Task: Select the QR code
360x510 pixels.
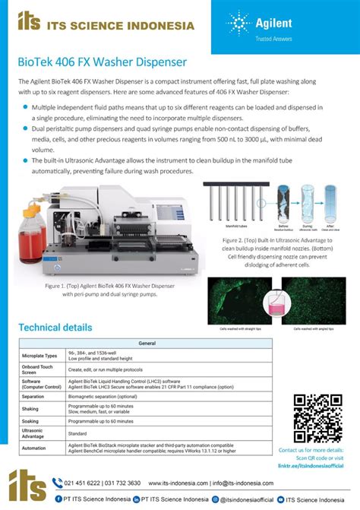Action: tap(317, 417)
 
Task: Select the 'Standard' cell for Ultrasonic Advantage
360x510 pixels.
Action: tap(80, 434)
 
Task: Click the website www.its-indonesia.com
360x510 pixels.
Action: tap(177, 482)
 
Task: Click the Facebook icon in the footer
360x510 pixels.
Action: tap(58, 499)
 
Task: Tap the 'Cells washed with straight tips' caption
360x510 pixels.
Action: tap(239, 328)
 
